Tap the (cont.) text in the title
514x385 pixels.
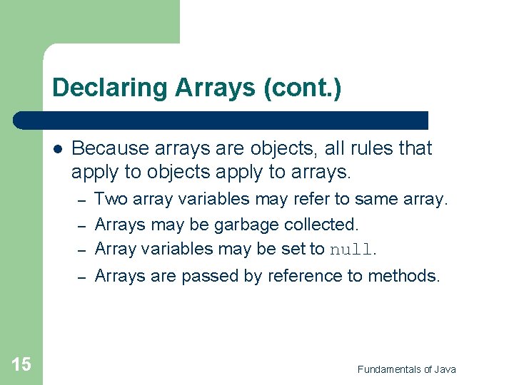tap(302, 88)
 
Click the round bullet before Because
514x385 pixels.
tap(58, 149)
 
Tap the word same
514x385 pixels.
tap(376, 199)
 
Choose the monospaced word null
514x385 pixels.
tap(351, 250)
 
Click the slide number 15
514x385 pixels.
tap(21, 365)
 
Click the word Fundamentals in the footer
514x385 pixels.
tap(390, 369)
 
